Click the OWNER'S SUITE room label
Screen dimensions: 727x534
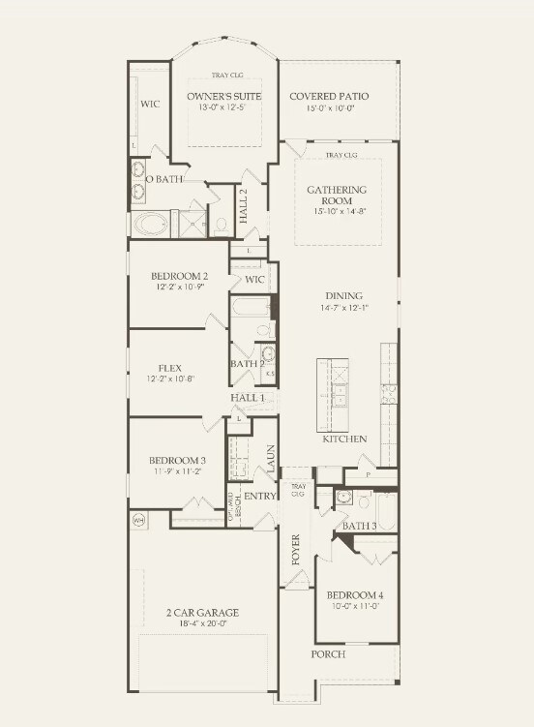pyautogui.click(x=224, y=97)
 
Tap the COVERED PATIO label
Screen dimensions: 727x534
pyautogui.click(x=330, y=97)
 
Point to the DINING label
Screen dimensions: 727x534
pyautogui.click(x=343, y=296)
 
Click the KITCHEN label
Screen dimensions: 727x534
pyautogui.click(x=344, y=439)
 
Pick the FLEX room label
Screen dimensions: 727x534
pyautogui.click(x=170, y=368)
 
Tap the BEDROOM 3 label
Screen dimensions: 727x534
pyautogui.click(x=177, y=460)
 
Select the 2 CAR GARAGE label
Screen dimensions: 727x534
pyautogui.click(x=201, y=612)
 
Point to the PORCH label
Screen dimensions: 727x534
pyautogui.click(x=328, y=654)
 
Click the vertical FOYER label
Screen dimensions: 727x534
pyautogui.click(x=297, y=549)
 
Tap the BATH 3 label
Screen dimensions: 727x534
pyautogui.click(x=360, y=526)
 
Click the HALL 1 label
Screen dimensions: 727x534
pyautogui.click(x=248, y=398)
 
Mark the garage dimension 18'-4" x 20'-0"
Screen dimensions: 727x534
pyautogui.click(x=201, y=624)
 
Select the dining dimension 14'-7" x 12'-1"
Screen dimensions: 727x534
pyautogui.click(x=343, y=308)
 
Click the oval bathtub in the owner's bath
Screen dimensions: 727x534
pyautogui.click(x=150, y=225)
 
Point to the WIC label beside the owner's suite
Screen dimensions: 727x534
pyautogui.click(x=150, y=103)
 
